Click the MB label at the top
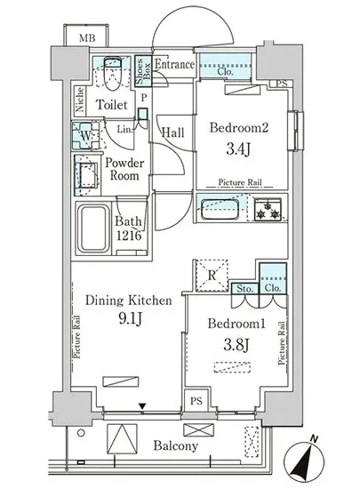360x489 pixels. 87,38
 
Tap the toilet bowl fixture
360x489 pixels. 112,74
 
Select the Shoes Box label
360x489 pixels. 143,71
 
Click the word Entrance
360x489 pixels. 174,65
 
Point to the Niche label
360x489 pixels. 80,100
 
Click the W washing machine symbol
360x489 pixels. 85,136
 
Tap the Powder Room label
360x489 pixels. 124,169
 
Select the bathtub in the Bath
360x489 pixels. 93,228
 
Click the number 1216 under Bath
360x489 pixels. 129,236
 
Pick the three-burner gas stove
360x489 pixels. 268,210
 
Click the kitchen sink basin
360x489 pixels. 220,209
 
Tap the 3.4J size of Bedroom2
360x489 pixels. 238,149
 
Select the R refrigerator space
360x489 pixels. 212,276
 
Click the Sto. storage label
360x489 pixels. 244,289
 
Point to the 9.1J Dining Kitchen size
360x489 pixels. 131,318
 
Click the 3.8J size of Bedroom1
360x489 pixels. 236,345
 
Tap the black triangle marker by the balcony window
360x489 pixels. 142,406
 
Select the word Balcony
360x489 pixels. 175,446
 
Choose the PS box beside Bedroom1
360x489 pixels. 196,400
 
